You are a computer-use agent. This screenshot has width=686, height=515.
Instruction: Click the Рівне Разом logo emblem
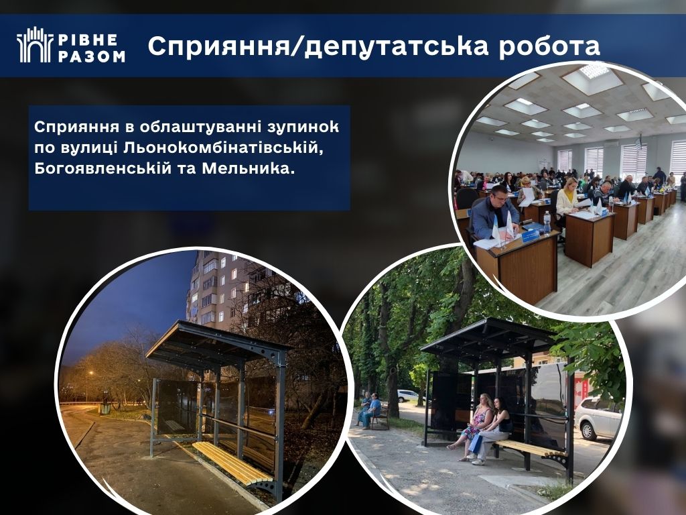click(35, 45)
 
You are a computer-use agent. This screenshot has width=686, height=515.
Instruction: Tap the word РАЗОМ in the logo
click(91, 56)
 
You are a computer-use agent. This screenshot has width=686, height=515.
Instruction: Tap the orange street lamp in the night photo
click(91, 373)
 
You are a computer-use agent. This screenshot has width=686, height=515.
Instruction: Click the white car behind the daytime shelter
click(598, 418)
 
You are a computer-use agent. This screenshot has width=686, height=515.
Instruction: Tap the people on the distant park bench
click(369, 410)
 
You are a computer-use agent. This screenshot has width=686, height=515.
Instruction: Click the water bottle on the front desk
click(547, 223)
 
